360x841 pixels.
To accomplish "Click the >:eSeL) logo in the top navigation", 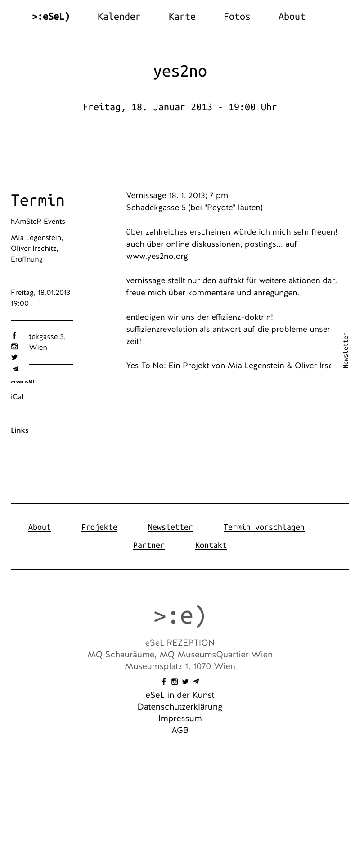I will tap(51, 17).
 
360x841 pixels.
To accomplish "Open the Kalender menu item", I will tap(119, 17).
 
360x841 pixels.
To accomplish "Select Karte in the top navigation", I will tap(182, 17).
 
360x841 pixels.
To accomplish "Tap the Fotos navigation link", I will tap(237, 17).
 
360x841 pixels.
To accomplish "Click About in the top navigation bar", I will tap(292, 17).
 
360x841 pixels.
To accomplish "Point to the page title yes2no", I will tap(180, 72).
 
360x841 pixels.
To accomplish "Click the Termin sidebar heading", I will tap(38, 200).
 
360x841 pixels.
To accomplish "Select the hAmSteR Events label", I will tap(38, 222).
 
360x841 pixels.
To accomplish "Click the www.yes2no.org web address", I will tap(157, 257).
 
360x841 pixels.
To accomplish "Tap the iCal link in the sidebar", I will tap(17, 397).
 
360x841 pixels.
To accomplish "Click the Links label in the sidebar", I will tap(20, 430).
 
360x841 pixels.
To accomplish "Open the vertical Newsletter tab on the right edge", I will tap(346, 350).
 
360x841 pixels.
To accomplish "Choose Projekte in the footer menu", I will tap(99, 527).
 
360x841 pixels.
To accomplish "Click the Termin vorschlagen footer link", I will tap(264, 527).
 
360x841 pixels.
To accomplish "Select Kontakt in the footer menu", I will tap(211, 545).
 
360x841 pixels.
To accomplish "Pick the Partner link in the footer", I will tap(148, 545).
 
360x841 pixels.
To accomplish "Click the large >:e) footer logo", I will tap(180, 615).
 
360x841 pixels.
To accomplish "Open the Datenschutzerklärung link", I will tap(180, 707).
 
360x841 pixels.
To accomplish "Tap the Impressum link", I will tap(180, 719).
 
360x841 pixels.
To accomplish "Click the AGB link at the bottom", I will tap(180, 730).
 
